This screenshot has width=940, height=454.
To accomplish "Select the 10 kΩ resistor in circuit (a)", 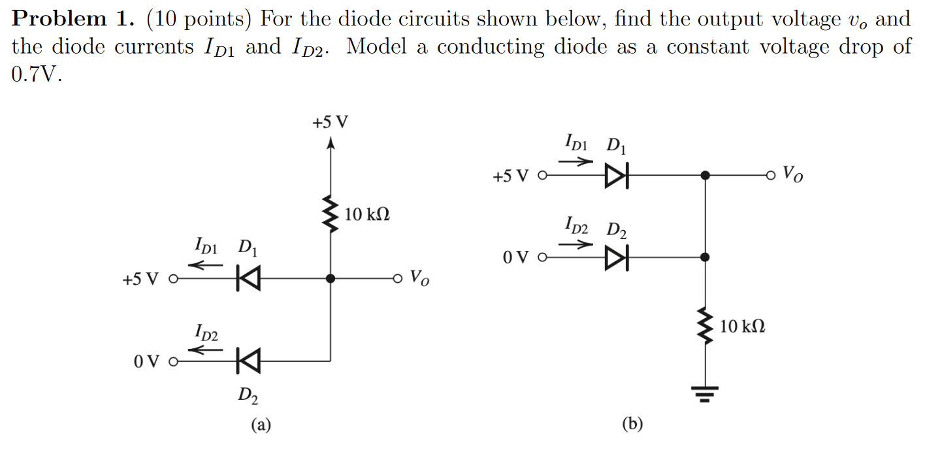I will [x=331, y=213].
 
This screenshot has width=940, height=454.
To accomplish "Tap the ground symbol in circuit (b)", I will [x=705, y=393].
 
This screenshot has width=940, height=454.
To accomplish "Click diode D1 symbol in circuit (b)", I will [x=616, y=176].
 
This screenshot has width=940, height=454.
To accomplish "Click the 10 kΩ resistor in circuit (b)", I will [x=705, y=325].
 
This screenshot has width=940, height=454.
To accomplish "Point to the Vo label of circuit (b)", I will [x=793, y=174].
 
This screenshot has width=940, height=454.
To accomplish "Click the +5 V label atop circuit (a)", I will [x=331, y=122].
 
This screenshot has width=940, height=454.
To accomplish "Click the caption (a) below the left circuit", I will [x=261, y=425].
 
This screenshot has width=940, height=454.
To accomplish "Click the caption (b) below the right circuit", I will [x=632, y=425].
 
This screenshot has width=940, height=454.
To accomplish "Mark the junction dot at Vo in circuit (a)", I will [x=331, y=279].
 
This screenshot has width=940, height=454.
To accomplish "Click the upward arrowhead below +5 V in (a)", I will [x=331, y=144].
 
